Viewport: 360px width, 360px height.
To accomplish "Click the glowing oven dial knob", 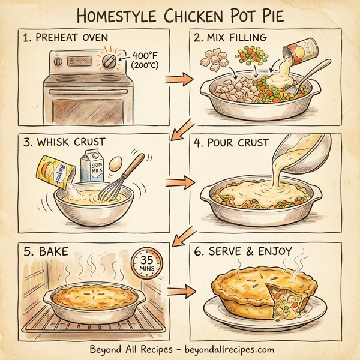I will click(x=110, y=62).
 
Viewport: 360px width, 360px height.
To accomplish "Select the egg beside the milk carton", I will click(x=117, y=162).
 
